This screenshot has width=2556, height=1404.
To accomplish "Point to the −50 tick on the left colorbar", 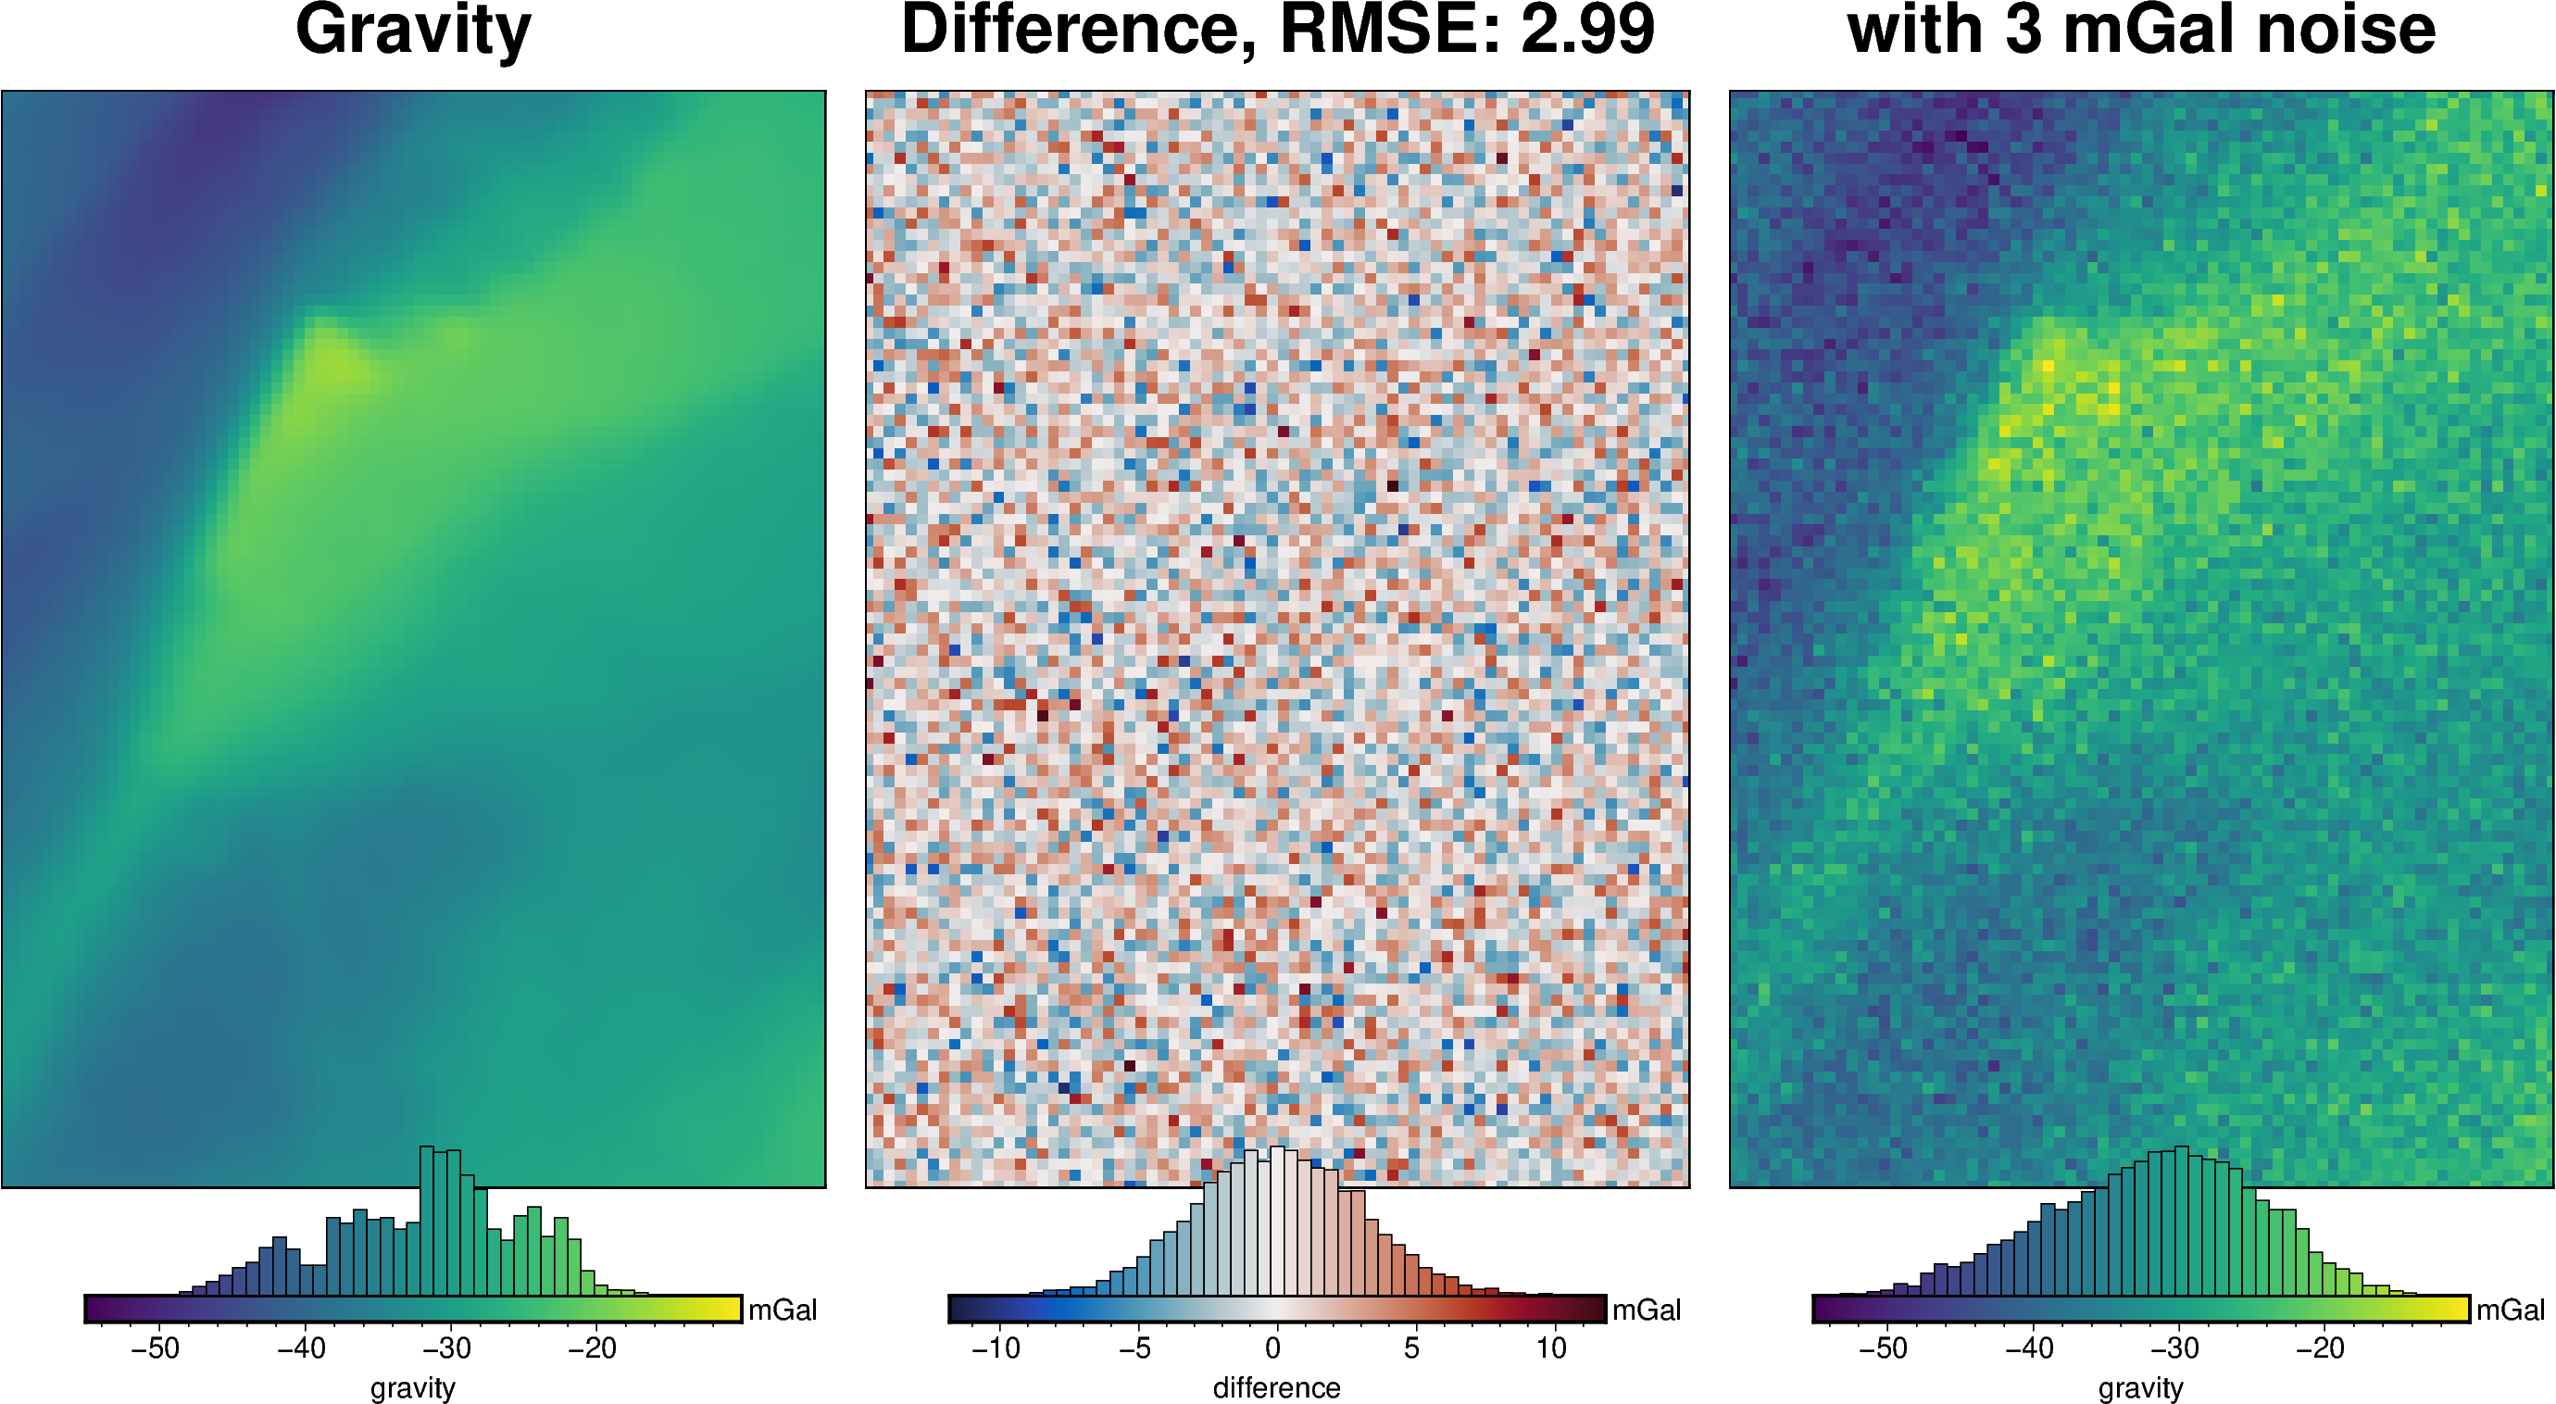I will [x=156, y=1348].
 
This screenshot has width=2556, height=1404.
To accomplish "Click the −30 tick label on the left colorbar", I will [x=447, y=1348].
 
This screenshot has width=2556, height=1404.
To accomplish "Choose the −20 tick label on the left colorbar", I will [x=594, y=1348].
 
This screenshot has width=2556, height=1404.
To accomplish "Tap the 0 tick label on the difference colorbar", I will [x=1273, y=1348].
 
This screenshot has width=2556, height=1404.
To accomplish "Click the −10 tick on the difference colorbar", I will [x=996, y=1348].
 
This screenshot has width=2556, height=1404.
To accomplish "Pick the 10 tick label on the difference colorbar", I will [x=1552, y=1348].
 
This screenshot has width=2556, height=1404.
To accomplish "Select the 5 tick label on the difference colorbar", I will [x=1412, y=1348].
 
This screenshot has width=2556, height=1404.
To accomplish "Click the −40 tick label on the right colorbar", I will [x=2029, y=1348].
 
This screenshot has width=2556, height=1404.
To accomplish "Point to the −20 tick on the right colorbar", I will [x=2321, y=1348].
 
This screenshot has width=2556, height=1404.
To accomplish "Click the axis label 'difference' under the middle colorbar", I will [x=1276, y=1387].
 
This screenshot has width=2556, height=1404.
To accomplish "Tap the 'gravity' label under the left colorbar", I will [x=413, y=1387].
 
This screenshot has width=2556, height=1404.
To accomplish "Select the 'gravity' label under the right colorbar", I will [x=2140, y=1387].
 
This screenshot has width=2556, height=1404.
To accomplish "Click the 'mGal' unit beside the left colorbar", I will [x=782, y=1310].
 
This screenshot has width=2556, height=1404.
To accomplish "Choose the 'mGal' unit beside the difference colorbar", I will [x=1647, y=1310].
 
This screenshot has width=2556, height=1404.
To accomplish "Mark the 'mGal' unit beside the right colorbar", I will [x=2511, y=1310].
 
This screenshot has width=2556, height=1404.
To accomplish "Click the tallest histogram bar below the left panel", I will [x=427, y=1221].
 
